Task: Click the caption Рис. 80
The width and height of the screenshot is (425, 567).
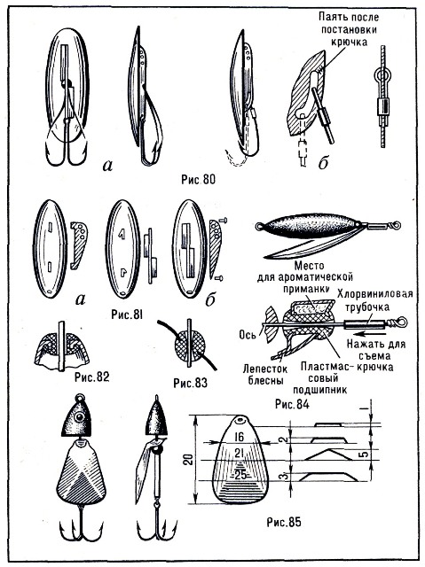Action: point(198,179)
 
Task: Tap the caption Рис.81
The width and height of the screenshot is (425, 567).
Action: point(127,315)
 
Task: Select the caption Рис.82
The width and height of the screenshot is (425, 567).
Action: point(92,377)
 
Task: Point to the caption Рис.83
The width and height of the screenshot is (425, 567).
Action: point(191,383)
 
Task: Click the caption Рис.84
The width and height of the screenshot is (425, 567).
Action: point(292,404)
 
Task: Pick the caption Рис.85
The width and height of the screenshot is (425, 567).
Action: point(284,522)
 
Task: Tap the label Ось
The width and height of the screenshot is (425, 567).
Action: point(248,335)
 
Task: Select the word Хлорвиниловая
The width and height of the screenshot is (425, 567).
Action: point(375,293)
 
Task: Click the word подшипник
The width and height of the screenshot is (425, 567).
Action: point(319,390)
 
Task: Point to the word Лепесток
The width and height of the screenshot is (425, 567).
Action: point(265,369)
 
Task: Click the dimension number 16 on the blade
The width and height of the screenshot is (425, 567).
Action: point(239,437)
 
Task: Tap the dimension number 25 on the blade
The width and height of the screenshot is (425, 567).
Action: point(240,475)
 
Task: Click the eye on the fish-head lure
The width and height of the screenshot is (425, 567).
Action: point(78,417)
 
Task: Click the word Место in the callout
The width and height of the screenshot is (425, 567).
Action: point(309,267)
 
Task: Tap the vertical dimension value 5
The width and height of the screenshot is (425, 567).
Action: point(366,453)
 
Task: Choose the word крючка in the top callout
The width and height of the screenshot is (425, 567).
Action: point(350,42)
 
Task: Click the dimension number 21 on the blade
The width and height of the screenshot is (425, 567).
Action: point(240,453)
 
